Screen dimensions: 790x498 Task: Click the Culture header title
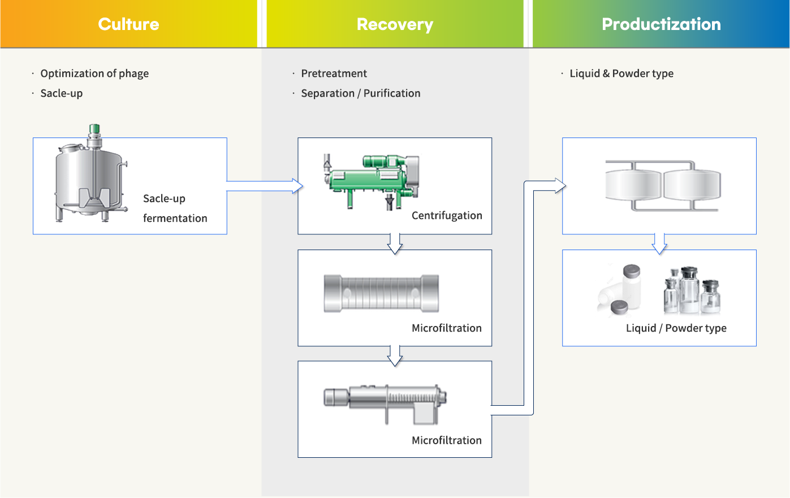129,24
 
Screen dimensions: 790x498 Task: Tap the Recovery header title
395,24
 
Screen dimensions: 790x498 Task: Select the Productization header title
661,24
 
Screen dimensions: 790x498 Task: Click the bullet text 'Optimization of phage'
94,74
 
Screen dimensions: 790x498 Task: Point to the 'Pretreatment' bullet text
334,74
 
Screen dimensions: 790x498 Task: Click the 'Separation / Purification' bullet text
361,93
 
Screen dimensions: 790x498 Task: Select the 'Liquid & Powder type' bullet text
622,74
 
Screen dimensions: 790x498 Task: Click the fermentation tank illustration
91,173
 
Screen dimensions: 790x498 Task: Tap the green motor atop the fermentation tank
94,129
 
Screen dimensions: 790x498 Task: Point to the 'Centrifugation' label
447,215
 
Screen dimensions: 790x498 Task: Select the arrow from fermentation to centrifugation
265,186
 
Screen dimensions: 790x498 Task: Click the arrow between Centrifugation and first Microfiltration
395,243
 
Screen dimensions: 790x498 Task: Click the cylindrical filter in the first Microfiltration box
381,293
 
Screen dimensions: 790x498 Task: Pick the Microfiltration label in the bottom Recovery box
447,440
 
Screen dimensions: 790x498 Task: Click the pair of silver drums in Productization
663,186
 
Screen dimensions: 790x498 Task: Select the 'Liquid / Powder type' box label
676,328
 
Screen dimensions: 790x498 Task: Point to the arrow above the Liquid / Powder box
659,243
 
